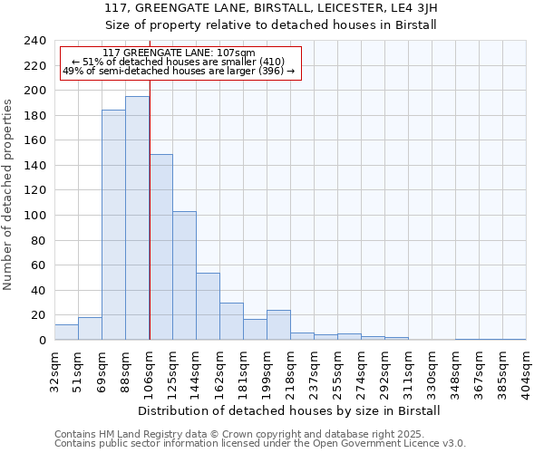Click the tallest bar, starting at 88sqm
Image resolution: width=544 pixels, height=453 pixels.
pos(137,218)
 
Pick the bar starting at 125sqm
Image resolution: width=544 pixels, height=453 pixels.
pos(184,275)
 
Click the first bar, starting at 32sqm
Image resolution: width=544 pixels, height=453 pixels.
pos(66,333)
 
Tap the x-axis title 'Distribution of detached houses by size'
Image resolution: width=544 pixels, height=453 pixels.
pos(289,410)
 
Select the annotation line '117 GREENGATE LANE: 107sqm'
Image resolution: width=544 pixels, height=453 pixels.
pos(179,53)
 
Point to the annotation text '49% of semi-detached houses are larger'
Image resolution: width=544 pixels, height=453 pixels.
pos(179,71)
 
